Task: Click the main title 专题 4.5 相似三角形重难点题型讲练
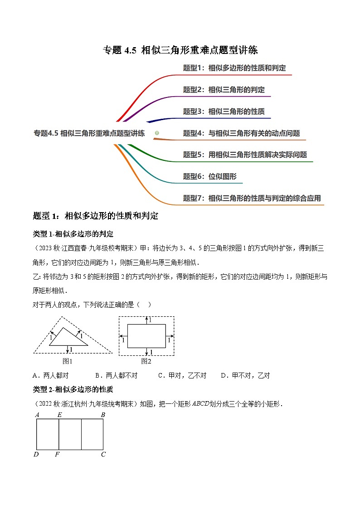tap(180, 50)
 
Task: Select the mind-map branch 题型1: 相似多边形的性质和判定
tap(234, 68)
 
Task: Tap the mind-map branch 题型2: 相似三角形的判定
tap(224, 90)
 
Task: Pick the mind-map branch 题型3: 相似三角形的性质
tap(224, 111)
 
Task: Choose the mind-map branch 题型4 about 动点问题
tap(241, 133)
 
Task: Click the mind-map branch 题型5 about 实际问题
tap(245, 155)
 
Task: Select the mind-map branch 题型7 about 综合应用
tap(252, 198)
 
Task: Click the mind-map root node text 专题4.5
tap(89, 133)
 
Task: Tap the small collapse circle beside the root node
tap(157, 133)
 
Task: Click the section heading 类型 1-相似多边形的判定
tap(73, 234)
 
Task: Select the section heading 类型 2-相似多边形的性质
tap(73, 389)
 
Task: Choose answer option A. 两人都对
tap(51, 375)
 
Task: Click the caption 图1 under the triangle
tap(68, 361)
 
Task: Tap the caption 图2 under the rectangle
tap(146, 361)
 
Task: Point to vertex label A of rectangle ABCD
tap(36, 415)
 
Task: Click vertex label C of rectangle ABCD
tap(103, 454)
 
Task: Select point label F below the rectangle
tap(57, 454)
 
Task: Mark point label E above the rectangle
tap(59, 415)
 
